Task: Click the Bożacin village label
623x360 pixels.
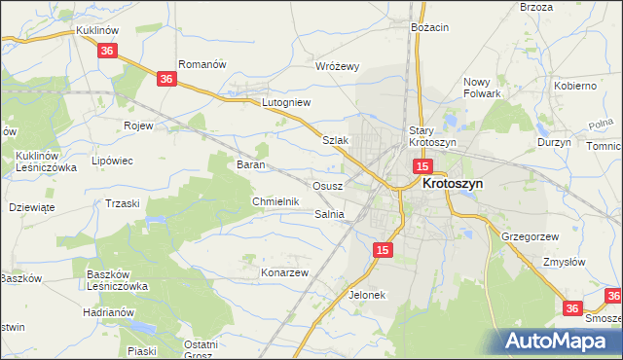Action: tap(429, 27)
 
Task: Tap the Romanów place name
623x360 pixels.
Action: tap(202, 64)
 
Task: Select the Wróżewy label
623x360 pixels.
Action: tap(339, 66)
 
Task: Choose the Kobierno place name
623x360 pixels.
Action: tap(575, 86)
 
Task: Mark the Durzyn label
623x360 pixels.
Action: tap(554, 141)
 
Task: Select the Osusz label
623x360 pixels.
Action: tap(326, 185)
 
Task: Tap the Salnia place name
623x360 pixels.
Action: tap(329, 214)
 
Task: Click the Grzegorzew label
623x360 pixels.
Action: tap(529, 236)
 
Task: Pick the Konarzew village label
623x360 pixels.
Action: tap(284, 272)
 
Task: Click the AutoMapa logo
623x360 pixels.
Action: tap(561, 341)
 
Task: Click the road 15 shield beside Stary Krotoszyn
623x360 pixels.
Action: tap(421, 167)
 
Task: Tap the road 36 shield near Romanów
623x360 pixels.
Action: tap(166, 79)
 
